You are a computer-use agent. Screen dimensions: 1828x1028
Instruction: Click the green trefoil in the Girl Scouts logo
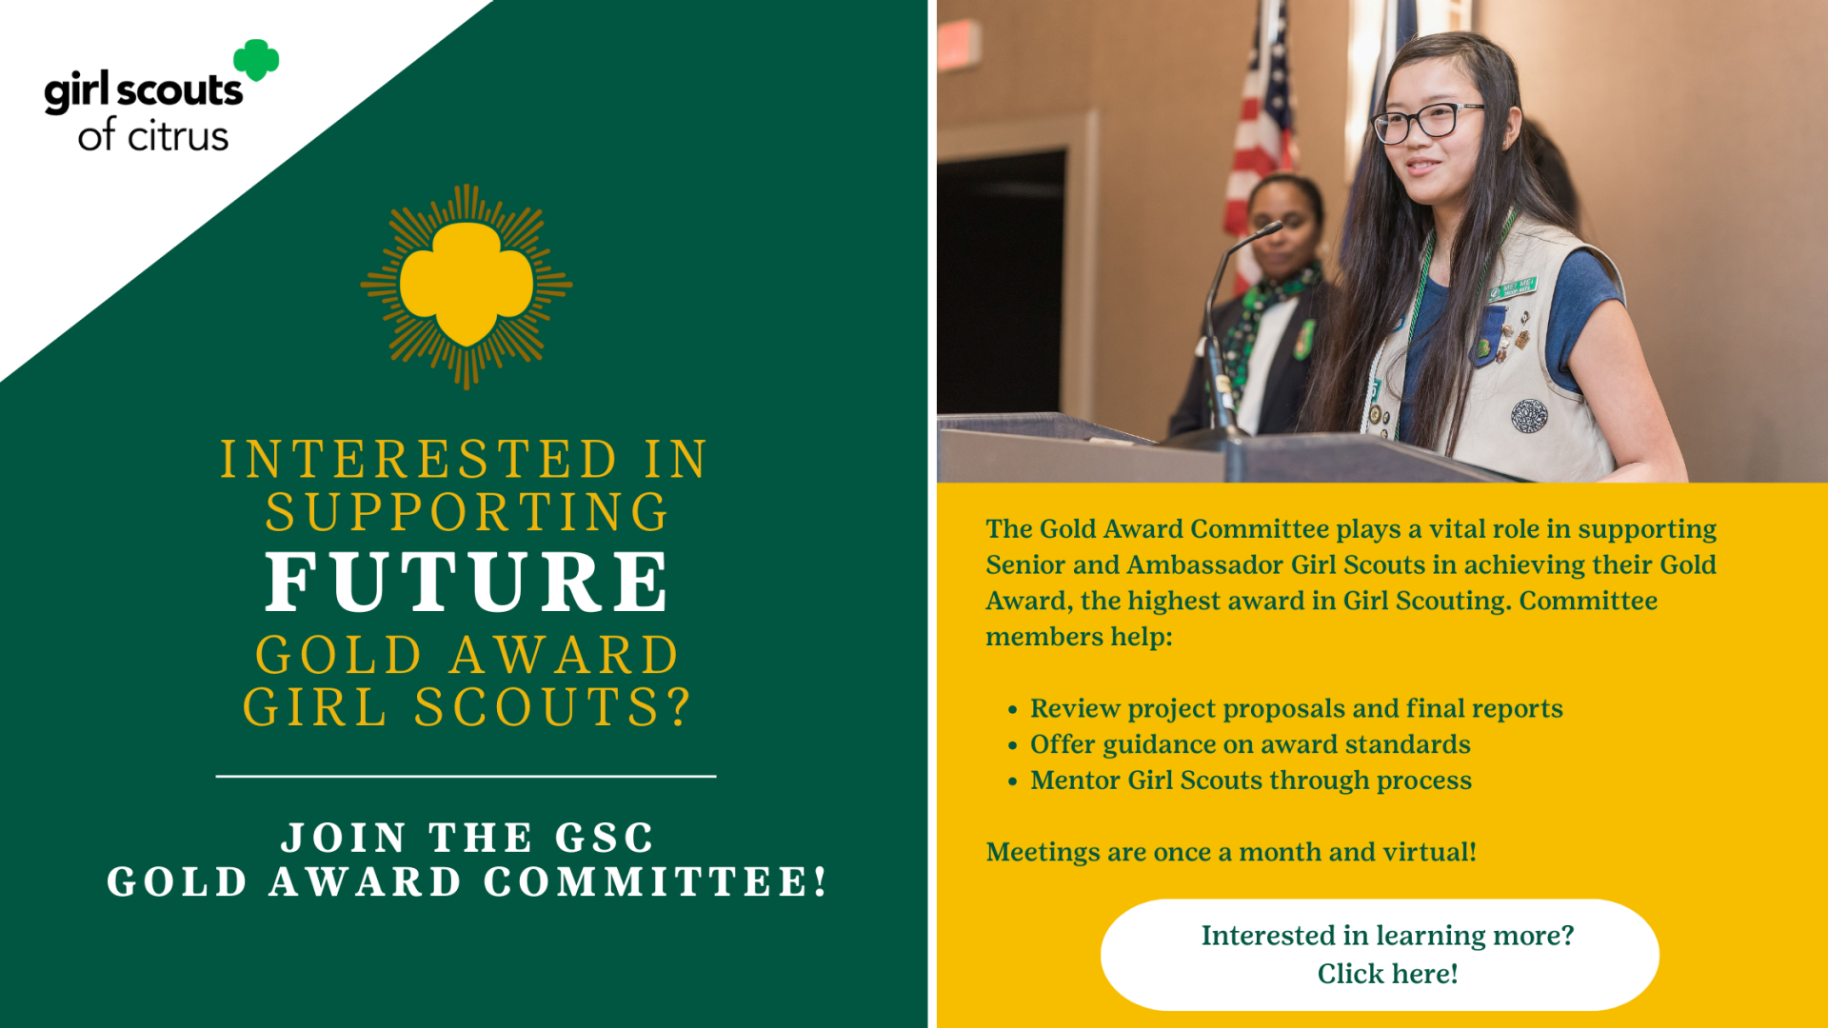(256, 59)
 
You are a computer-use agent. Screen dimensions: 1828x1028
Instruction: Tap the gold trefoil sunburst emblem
(467, 286)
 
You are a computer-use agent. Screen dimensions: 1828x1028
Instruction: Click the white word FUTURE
(467, 582)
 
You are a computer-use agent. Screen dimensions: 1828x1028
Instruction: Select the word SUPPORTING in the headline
(467, 512)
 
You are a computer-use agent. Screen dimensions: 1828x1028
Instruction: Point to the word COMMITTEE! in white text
(656, 881)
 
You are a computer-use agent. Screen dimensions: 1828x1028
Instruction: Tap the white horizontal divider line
(467, 777)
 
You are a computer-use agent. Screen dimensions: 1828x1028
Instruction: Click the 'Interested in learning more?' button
(1380, 955)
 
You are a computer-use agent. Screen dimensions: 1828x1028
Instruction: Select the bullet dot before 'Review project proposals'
(1012, 710)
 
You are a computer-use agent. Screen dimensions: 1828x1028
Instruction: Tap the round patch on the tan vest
(1529, 415)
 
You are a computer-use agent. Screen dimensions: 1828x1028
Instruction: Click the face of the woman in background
(1282, 226)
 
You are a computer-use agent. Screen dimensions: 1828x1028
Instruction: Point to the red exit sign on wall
(959, 44)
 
